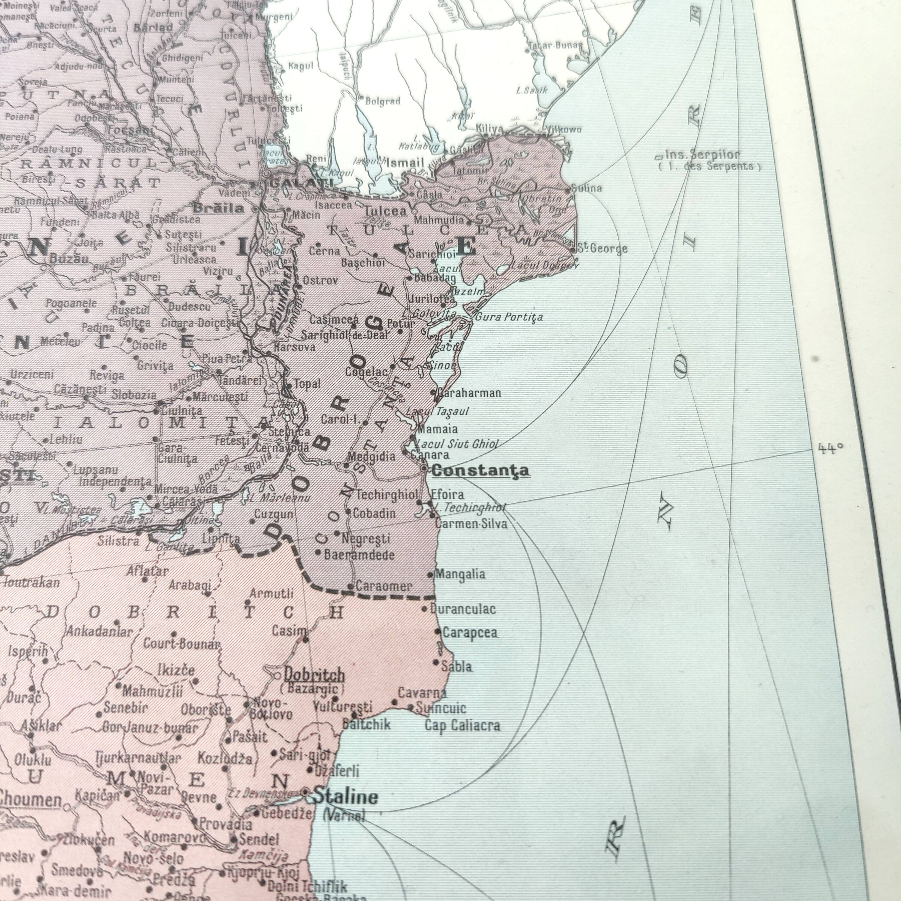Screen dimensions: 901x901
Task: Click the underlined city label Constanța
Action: pos(480,470)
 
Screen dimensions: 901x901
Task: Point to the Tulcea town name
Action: pos(385,211)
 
